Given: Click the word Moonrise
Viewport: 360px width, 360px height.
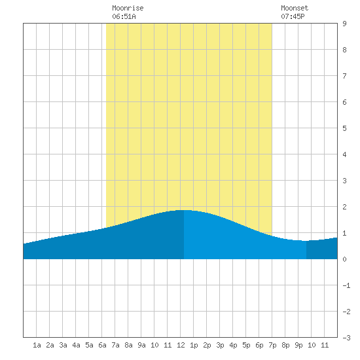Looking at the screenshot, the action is click(128, 8).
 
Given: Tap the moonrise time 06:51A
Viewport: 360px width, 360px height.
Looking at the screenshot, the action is click(124, 16).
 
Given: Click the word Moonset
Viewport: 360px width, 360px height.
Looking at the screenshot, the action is click(295, 8).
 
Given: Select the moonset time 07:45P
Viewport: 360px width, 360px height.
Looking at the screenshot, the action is click(293, 16).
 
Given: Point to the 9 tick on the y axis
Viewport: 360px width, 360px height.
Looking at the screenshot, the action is click(344, 24).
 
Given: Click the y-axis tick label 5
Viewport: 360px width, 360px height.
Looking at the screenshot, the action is click(344, 128).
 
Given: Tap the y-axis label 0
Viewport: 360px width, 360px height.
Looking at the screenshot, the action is click(344, 259).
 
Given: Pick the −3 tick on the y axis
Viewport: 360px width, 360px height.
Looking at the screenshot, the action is click(346, 338).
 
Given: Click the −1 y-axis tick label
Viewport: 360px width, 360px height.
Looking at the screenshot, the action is click(346, 285).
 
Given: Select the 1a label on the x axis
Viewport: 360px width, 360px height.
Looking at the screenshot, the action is click(37, 345).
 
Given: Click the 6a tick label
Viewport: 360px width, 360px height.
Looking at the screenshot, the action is click(102, 345).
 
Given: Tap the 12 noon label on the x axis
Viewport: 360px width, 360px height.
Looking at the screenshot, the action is click(181, 345).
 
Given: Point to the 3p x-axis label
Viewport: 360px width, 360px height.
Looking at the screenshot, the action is click(220, 345).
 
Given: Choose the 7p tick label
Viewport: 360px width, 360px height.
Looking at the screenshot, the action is click(272, 345).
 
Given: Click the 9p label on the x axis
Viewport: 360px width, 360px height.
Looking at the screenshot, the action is click(298, 345).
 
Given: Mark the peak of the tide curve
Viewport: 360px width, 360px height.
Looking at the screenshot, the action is click(184, 210).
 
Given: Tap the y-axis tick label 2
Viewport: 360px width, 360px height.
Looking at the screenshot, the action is click(344, 207).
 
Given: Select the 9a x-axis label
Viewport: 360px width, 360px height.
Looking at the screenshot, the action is click(141, 345).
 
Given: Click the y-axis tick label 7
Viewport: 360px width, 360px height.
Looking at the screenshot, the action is click(344, 76).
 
